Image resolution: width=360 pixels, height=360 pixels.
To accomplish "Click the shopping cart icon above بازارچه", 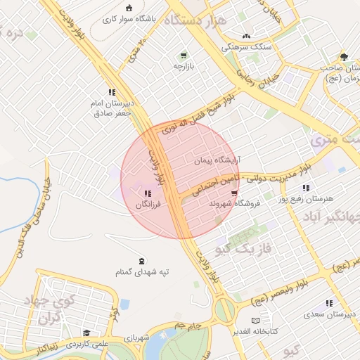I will [x=184, y=55].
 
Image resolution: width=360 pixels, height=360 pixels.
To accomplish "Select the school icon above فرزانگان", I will [x=147, y=193].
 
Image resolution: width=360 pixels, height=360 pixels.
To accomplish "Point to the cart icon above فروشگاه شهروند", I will [x=234, y=193].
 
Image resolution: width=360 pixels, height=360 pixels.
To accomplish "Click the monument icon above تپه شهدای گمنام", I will [x=143, y=261].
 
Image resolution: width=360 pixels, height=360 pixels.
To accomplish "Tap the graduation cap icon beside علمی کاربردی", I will [x=86, y=333].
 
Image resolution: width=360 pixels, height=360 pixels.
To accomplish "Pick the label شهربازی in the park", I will [x=138, y=338].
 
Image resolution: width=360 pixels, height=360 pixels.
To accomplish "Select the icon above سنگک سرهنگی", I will [x=245, y=36].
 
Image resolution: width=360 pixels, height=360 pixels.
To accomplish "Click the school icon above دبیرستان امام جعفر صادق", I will [x=111, y=92].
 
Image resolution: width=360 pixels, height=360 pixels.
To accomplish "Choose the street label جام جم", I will [x=188, y=326].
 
